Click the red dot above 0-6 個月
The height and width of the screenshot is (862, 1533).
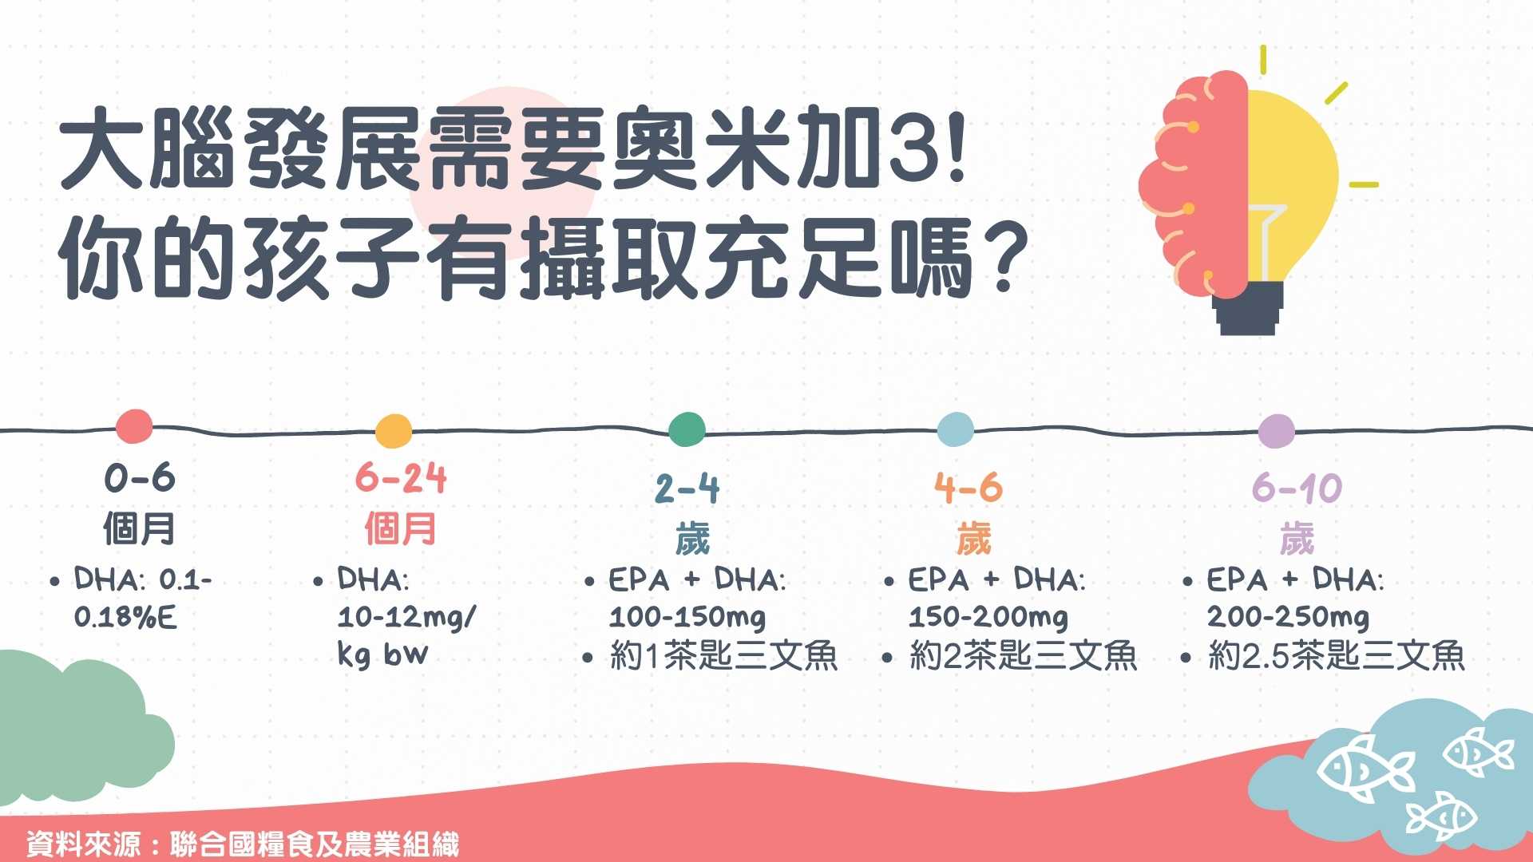pos(134,426)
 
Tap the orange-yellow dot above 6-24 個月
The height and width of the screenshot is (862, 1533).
pos(394,431)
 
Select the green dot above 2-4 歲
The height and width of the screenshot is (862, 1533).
pos(687,429)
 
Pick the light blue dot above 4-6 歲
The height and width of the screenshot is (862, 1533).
pos(955,429)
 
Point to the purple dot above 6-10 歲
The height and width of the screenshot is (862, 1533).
pos(1276,432)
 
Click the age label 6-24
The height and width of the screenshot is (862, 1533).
pos(401,478)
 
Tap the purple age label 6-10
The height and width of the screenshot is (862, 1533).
pos(1297,488)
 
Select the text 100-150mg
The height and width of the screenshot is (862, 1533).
pos(687,616)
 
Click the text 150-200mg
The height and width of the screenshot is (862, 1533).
pos(988,616)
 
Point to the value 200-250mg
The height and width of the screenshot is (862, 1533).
pos(1288,616)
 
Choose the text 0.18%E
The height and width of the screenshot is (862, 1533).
pos(125,617)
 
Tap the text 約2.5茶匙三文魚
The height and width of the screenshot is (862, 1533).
pos(1337,656)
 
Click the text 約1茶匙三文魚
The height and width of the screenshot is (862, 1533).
pos(723,656)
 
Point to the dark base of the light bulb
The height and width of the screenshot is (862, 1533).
pos(1247,309)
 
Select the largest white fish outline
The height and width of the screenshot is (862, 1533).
pos(1365,768)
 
